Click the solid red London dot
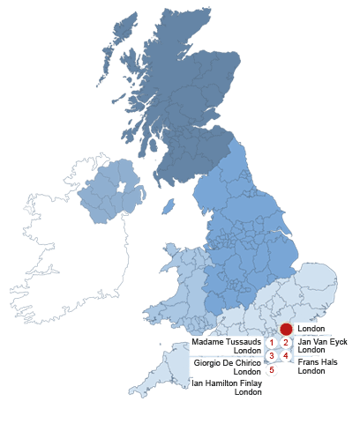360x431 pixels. (x=285, y=329)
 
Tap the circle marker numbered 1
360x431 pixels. (x=272, y=343)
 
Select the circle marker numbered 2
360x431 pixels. (x=285, y=343)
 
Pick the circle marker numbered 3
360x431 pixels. (x=272, y=356)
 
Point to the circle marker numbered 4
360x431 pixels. (x=285, y=356)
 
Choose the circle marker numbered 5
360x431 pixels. (x=272, y=370)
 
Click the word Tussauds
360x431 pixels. (x=243, y=341)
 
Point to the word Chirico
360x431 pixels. (x=246, y=362)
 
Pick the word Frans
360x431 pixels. (x=309, y=362)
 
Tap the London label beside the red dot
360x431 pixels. (x=311, y=329)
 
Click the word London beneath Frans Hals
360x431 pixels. (x=311, y=371)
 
